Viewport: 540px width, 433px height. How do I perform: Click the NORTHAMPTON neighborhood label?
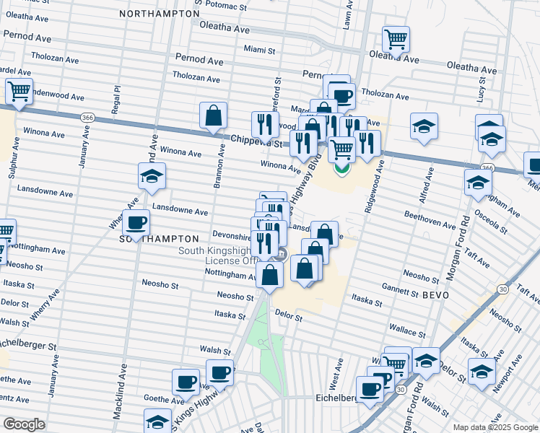(x=159, y=14)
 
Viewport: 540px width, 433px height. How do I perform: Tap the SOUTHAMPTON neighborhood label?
(x=158, y=238)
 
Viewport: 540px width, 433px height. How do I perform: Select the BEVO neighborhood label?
(x=435, y=296)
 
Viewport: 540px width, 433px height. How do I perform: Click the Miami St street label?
(x=259, y=51)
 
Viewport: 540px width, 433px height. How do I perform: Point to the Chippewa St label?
(x=256, y=144)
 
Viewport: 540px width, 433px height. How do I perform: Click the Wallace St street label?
(x=407, y=331)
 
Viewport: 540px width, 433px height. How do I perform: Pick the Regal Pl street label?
(x=116, y=95)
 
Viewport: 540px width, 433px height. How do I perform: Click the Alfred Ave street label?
(x=430, y=184)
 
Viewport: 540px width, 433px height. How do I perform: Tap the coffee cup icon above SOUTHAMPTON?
(x=136, y=223)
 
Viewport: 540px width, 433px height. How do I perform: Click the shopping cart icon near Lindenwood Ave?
(x=19, y=92)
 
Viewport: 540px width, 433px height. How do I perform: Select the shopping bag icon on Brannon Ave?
(x=214, y=115)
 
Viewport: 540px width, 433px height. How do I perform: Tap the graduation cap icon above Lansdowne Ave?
(x=152, y=176)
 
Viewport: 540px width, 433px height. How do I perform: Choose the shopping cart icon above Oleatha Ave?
(x=396, y=40)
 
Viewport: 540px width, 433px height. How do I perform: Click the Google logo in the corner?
(x=24, y=424)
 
